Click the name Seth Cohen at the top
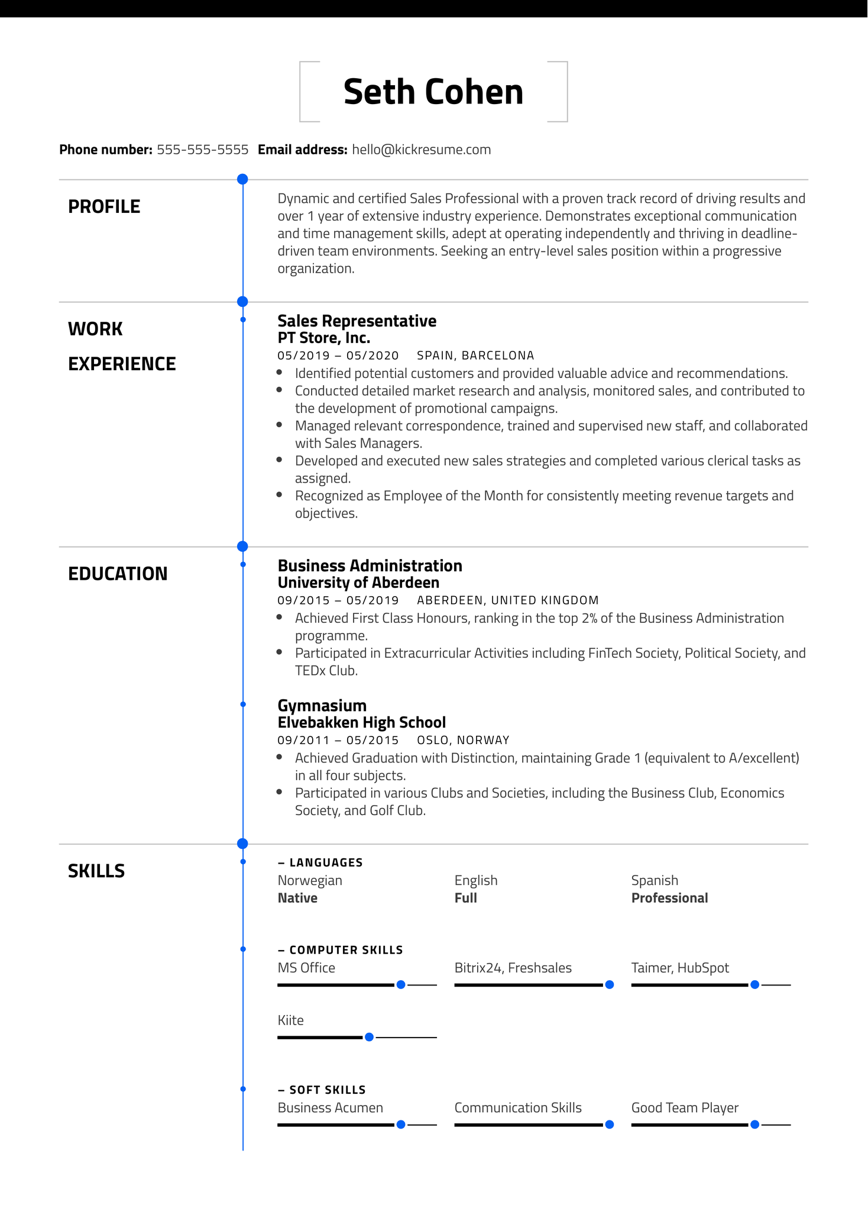coord(433,92)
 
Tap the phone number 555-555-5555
coord(202,150)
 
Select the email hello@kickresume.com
coord(421,150)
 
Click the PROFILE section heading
coord(104,206)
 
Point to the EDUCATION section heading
coord(118,574)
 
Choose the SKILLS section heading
coord(96,871)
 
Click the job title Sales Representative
coord(357,321)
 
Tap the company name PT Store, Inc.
coord(323,338)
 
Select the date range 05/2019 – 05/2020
coord(338,356)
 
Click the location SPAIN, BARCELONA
coord(475,356)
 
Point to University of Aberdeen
coord(358,583)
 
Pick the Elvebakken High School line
coord(361,722)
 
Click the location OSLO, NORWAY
coord(463,740)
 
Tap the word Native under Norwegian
coord(297,898)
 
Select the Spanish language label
coord(655,880)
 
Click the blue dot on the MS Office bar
coord(401,985)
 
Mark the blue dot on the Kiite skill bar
coord(369,1037)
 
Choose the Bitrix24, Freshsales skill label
coord(513,968)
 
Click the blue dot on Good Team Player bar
coord(754,1124)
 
